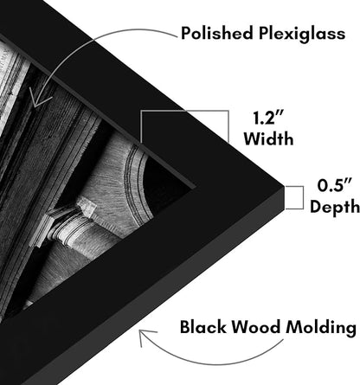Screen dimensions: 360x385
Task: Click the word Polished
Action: coord(217,33)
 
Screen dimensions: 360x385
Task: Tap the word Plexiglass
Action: coord(302,34)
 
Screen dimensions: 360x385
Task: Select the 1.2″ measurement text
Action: coord(268,118)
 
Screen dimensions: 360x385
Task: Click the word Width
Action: coord(268,138)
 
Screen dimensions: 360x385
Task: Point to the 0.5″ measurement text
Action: coord(335,185)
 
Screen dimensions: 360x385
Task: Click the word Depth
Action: coord(335,207)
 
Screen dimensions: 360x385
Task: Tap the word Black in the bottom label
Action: coord(203,327)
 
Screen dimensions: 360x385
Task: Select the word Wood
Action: coord(256,327)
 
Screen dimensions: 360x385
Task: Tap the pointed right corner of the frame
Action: coord(284,185)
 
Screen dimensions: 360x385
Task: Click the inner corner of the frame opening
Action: coord(192,188)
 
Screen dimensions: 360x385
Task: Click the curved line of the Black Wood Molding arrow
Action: coord(214,362)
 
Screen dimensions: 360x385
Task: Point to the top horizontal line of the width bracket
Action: coord(184,111)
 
